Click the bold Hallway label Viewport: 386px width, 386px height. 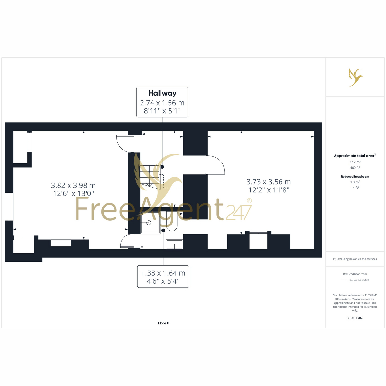tap(162, 93)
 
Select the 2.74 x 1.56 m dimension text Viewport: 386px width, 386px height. tap(162, 103)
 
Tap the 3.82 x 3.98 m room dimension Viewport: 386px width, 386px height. tap(73, 185)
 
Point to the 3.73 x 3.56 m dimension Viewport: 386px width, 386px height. tap(269, 182)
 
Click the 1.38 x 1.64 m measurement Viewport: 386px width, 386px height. tap(163, 273)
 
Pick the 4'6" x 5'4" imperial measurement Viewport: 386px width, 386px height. tap(163, 281)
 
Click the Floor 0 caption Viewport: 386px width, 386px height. tap(163, 323)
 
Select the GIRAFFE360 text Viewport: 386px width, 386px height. tap(355, 318)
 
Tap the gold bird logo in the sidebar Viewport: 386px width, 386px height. tap(355, 77)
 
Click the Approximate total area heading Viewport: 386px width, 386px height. tap(355, 156)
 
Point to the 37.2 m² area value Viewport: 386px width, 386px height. tap(355, 162)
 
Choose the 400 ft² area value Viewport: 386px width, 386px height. tap(355, 168)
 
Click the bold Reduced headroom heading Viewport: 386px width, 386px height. tap(355, 177)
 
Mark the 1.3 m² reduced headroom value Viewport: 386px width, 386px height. tap(355, 182)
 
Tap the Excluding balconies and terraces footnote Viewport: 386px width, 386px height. tap(355, 259)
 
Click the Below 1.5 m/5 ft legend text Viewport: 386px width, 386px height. tap(359, 280)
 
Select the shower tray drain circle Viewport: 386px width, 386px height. tap(149, 223)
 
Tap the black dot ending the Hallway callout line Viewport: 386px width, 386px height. tap(162, 167)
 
